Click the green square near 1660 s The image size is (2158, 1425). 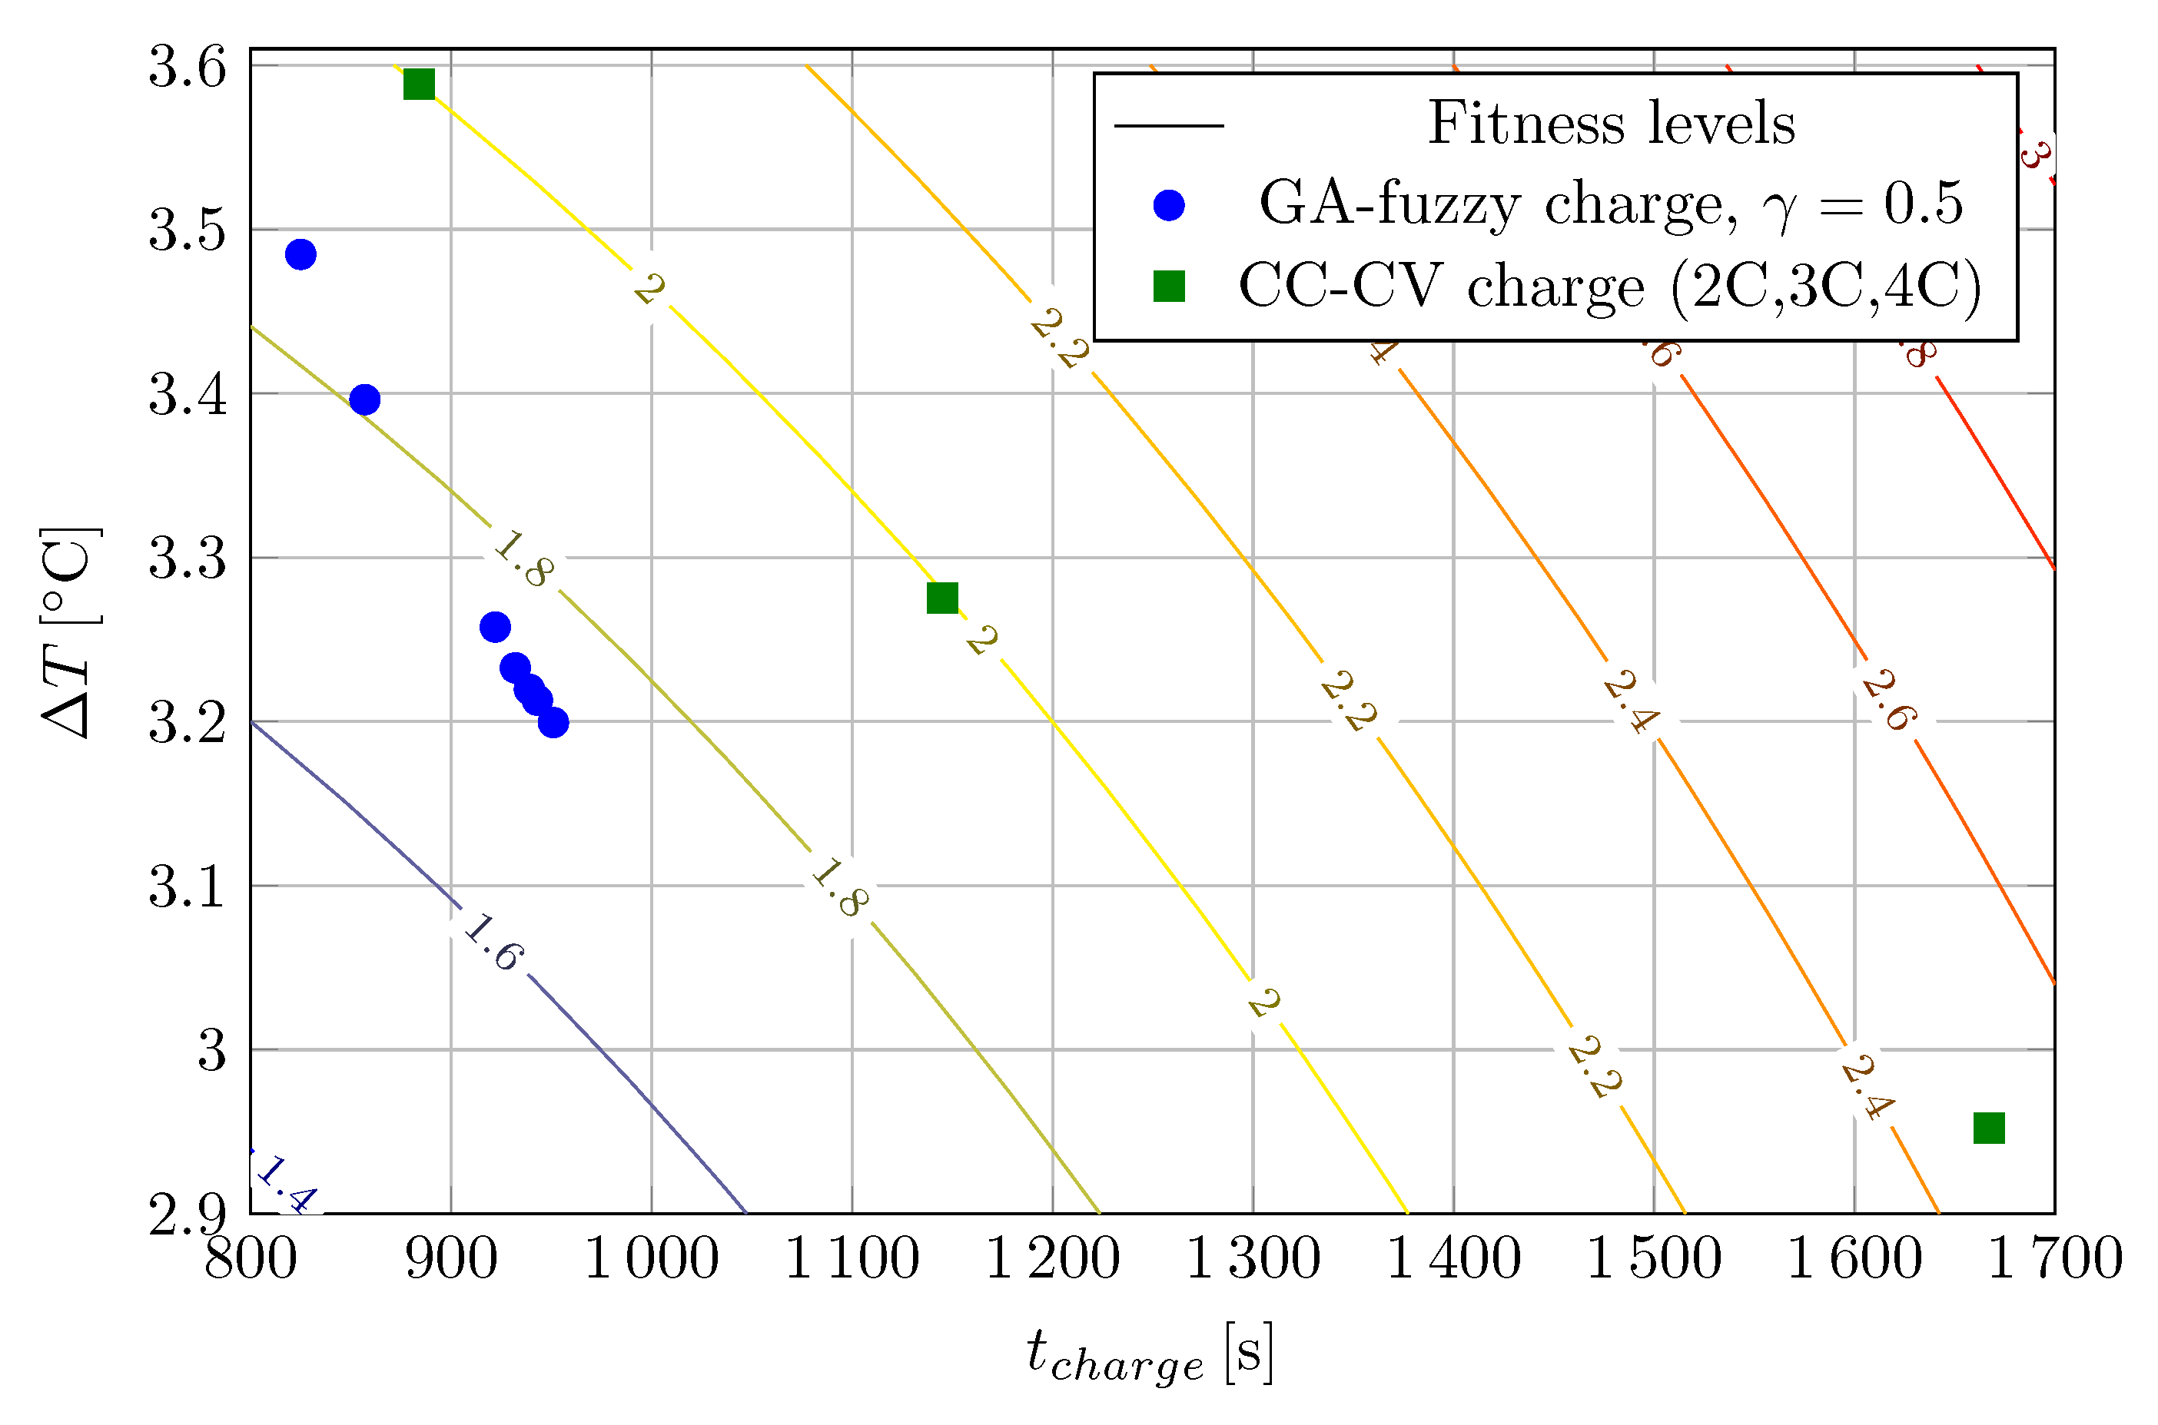point(1989,1128)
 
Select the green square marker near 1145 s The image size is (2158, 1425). point(941,598)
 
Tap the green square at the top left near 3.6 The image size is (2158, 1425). point(419,84)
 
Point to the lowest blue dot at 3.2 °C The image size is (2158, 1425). point(553,723)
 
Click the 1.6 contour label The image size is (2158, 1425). point(493,943)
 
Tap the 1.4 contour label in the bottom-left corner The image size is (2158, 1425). point(285,1184)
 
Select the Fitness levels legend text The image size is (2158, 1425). point(1611,123)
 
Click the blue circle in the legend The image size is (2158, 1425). point(1168,204)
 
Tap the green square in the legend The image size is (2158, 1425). point(1168,287)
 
